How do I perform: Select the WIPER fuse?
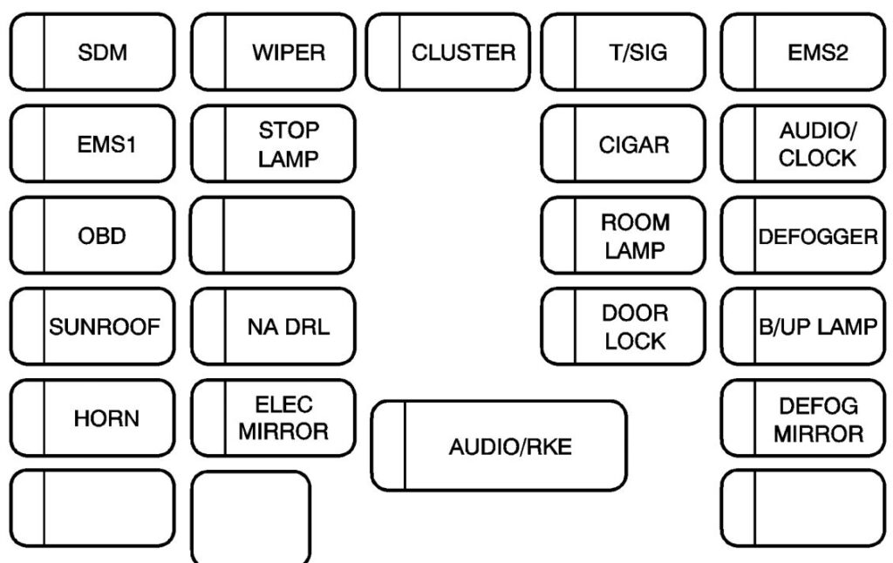(x=288, y=52)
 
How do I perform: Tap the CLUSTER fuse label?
(x=463, y=52)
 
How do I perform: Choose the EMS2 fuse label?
(x=817, y=52)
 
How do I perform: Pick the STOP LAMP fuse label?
(x=288, y=145)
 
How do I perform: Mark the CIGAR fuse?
(x=634, y=145)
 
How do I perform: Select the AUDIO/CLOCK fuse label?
(x=817, y=145)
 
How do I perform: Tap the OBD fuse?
(x=103, y=236)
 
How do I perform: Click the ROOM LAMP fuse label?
(x=636, y=236)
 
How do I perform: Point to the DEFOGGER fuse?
(x=817, y=237)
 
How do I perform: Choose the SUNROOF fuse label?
(x=106, y=328)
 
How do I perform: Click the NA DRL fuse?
(x=288, y=328)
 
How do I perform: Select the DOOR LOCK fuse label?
(x=636, y=327)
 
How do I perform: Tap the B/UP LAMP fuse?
(x=817, y=328)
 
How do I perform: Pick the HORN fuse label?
(x=106, y=418)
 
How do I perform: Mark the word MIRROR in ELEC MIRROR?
(x=284, y=431)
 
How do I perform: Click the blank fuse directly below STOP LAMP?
(x=273, y=236)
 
